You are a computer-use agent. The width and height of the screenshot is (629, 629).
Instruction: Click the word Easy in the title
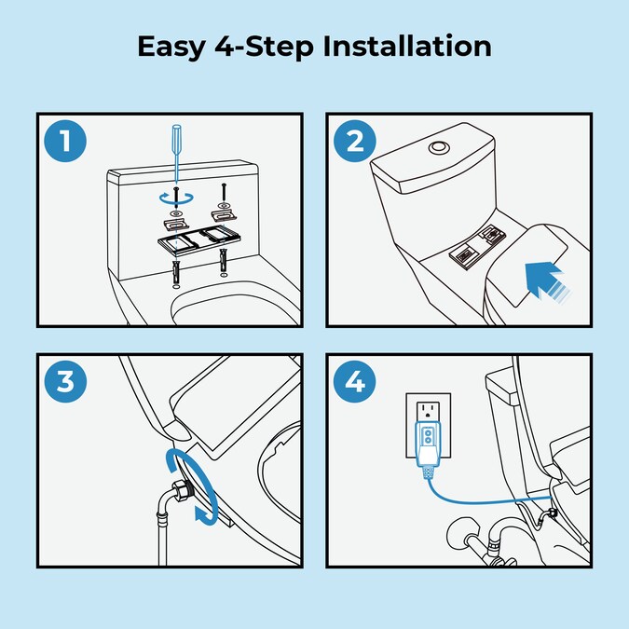(x=171, y=48)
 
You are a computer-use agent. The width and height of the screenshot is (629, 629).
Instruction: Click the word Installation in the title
(x=407, y=46)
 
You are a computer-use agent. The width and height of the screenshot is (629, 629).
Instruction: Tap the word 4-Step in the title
(x=265, y=48)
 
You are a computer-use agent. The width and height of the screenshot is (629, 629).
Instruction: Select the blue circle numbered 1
(x=65, y=141)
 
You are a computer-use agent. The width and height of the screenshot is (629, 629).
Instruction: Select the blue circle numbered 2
(x=355, y=141)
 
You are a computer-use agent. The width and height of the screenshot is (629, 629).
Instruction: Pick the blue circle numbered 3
(x=65, y=381)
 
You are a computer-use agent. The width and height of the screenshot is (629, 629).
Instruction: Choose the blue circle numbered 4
(x=355, y=381)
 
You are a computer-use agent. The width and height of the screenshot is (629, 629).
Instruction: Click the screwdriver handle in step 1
(x=176, y=139)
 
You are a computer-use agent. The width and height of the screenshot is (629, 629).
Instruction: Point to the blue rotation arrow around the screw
(x=176, y=198)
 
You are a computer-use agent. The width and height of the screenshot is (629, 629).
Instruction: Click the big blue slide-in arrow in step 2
(x=548, y=280)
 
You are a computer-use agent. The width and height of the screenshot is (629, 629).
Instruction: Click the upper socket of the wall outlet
(x=429, y=410)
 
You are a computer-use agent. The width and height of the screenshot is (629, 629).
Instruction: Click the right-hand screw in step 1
(x=224, y=194)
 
